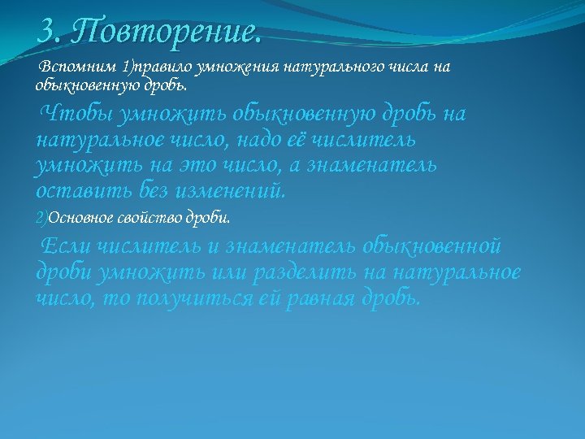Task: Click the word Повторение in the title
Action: [166, 33]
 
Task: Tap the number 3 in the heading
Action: [47, 33]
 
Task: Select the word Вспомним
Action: [78, 67]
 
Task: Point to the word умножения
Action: [236, 67]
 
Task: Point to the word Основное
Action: [81, 219]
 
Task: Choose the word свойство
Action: [154, 219]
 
